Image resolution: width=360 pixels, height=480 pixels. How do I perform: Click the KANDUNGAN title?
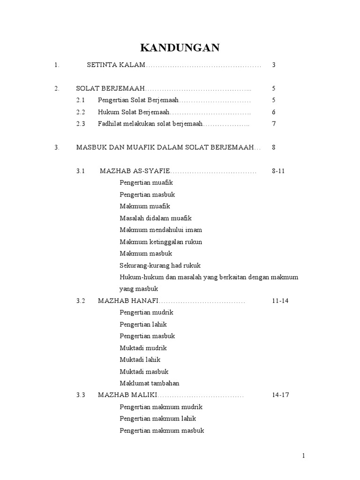(180, 48)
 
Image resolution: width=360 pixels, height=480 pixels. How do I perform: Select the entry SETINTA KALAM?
(116, 65)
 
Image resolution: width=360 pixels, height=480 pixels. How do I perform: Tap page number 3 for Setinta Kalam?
(274, 65)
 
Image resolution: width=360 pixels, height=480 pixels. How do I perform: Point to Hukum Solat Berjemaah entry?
(133, 112)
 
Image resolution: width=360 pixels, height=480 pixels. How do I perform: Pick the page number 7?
(274, 124)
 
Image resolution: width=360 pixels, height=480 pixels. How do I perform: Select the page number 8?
(274, 148)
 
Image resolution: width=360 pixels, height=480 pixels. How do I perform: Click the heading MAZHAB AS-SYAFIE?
(135, 171)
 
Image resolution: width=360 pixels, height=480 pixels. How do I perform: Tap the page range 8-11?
(278, 171)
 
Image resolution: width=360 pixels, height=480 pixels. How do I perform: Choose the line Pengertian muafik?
(146, 183)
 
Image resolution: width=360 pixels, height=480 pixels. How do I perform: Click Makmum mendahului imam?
(161, 230)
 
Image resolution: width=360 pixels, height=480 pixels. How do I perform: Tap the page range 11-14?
(280, 301)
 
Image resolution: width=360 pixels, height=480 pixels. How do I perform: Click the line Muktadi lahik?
(140, 360)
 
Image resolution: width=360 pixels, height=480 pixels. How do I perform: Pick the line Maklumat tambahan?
(150, 383)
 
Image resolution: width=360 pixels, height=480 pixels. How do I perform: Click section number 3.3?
(81, 395)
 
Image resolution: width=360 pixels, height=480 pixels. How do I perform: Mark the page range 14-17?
(280, 395)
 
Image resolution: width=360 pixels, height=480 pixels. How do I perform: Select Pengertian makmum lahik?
(157, 419)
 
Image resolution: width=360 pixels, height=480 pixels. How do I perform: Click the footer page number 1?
(303, 456)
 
